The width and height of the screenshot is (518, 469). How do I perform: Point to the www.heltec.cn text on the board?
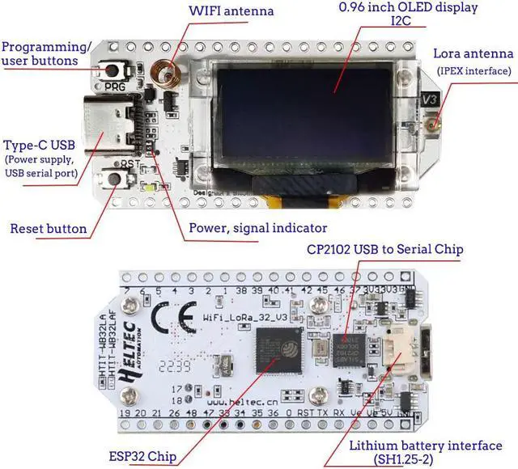tap(242, 400)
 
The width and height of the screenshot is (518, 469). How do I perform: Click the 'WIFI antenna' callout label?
tap(231, 12)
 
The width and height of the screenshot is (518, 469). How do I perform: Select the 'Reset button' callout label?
tap(48, 229)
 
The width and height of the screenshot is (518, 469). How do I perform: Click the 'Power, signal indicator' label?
tap(257, 228)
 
